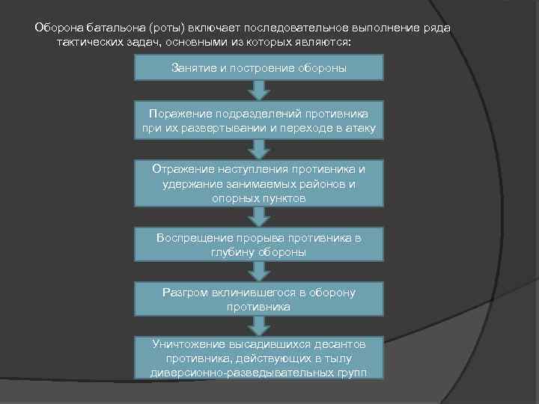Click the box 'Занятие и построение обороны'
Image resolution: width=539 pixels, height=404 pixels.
(x=258, y=68)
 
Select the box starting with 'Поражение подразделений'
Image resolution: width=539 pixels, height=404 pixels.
(x=258, y=120)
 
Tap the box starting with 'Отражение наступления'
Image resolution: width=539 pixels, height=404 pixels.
(x=258, y=182)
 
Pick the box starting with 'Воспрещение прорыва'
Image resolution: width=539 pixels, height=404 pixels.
(x=258, y=245)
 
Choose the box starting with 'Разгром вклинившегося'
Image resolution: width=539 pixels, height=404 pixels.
(x=258, y=299)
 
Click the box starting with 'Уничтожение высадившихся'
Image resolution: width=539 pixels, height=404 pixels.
(x=258, y=358)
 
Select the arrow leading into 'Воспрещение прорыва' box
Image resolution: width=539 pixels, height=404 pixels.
(x=258, y=217)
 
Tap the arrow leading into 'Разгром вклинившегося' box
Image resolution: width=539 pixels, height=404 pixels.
(x=258, y=272)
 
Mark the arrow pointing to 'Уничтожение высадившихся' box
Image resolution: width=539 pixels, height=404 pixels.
(x=258, y=325)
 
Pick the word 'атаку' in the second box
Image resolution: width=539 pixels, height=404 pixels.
(x=365, y=128)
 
